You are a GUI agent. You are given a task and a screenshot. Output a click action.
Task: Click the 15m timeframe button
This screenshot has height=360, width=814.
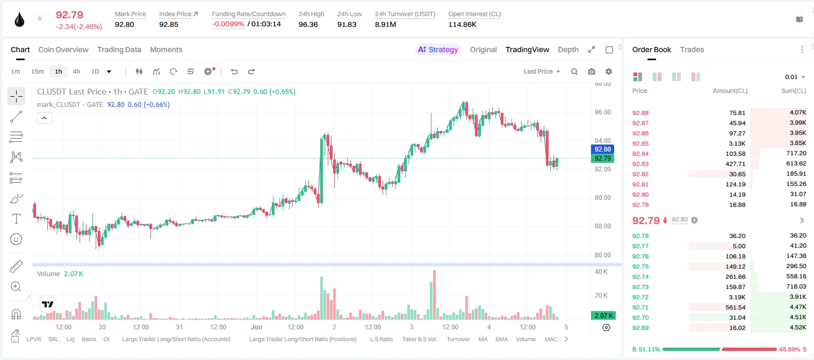(37, 71)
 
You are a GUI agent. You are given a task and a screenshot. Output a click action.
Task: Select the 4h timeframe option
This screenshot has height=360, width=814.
(76, 71)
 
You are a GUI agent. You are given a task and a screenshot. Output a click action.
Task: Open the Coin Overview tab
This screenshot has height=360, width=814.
(63, 49)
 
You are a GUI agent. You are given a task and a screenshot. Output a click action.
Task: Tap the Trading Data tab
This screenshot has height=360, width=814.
(119, 49)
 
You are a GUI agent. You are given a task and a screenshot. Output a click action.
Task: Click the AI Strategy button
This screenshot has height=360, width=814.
(438, 49)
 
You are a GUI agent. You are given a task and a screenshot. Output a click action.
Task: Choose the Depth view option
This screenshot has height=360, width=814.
(568, 49)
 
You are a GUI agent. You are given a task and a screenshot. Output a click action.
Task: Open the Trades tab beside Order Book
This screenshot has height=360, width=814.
(692, 49)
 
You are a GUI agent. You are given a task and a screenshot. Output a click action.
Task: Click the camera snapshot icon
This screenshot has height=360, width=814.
(592, 71)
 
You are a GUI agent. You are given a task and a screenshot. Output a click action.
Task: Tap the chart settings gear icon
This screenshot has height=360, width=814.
(609, 71)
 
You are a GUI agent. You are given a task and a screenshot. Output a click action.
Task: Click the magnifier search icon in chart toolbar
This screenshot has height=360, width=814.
(574, 71)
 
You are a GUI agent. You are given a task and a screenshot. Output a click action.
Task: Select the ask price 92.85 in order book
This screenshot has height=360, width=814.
(640, 143)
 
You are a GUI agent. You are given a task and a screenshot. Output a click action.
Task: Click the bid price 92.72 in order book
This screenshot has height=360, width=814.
(640, 297)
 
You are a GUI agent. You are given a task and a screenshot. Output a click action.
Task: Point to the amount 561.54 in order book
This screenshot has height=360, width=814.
(735, 307)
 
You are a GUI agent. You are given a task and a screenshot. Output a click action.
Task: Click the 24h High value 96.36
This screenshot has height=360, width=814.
(308, 24)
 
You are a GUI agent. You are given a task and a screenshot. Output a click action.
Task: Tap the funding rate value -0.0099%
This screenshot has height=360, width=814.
(228, 24)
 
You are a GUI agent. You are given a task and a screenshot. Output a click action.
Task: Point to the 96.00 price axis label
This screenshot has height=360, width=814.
(602, 112)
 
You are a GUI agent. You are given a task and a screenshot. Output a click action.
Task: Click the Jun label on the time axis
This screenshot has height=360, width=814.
(256, 327)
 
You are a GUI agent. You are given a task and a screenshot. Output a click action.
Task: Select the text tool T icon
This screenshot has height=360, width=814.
(16, 219)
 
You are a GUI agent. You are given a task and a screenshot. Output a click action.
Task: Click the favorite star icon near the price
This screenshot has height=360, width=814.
(40, 18)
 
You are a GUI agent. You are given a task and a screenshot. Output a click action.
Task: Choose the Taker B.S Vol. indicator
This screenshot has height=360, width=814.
(419, 339)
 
